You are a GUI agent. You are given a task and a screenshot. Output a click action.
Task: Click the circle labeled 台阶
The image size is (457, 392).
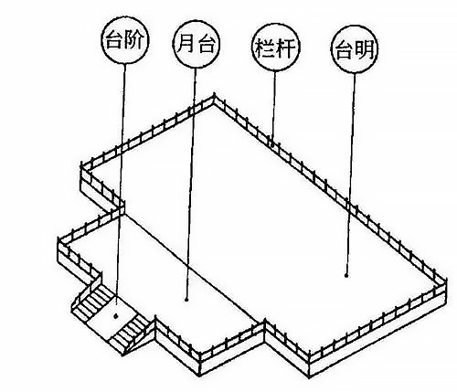coord(125,40)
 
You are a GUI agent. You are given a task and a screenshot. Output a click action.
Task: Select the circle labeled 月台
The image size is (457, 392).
coord(197,45)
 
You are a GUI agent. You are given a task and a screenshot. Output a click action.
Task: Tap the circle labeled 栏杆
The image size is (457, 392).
coord(277,48)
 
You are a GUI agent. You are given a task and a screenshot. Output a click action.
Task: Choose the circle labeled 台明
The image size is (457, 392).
coord(355,50)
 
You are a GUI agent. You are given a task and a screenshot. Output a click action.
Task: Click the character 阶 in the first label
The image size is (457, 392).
coord(133,40)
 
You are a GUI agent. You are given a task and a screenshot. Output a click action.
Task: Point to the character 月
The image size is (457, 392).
coord(186,44)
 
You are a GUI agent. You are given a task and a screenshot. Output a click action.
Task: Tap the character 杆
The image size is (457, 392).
coord(286,48)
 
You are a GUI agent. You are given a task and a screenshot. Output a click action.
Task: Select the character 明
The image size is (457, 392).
coord(365,49)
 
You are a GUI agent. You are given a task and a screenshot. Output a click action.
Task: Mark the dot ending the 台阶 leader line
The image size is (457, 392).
coord(115,316)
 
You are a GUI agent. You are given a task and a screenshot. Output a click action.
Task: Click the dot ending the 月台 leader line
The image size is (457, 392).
coord(186,300)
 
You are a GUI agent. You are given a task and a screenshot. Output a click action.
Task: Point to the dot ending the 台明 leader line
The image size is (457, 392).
coord(346,276)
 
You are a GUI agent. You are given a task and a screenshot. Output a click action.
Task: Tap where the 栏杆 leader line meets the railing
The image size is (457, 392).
coord(272,143)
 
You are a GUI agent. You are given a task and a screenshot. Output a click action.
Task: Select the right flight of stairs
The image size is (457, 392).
coord(131,334)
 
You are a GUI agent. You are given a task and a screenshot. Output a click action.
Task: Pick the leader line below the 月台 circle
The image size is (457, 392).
coord(191,184)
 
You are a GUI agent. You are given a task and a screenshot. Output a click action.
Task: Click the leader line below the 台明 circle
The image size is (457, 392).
coord(350,175)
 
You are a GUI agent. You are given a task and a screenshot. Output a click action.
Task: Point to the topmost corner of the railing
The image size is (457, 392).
coord(214,94)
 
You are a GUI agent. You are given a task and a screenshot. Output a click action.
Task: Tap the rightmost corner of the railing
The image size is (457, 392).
coord(445,280)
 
